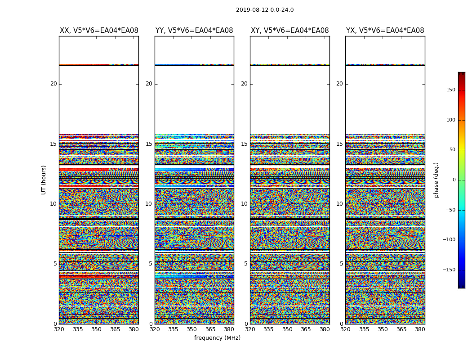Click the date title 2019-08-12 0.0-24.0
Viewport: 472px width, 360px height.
click(x=265, y=10)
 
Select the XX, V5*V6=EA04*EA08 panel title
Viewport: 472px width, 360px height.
click(x=99, y=31)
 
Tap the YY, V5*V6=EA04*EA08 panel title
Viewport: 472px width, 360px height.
click(x=194, y=31)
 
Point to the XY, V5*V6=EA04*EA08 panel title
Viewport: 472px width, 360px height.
click(x=290, y=31)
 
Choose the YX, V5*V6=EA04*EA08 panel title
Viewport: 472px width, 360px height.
click(x=385, y=31)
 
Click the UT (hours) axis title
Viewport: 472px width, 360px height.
click(x=44, y=180)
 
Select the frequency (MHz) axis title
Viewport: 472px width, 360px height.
click(x=217, y=338)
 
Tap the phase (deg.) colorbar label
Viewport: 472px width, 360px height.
click(x=436, y=180)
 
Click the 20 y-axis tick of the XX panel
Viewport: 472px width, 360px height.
click(x=53, y=84)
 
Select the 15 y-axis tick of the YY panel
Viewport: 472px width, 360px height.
click(x=149, y=144)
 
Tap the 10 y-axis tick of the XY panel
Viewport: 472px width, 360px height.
click(x=244, y=204)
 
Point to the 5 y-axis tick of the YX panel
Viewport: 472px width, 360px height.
click(x=341, y=264)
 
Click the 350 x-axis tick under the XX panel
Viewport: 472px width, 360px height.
click(x=96, y=329)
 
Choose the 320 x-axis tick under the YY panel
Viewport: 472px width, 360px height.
click(x=155, y=329)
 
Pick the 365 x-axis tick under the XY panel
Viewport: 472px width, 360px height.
click(x=306, y=329)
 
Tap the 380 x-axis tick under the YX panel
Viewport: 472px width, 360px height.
click(x=420, y=329)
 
